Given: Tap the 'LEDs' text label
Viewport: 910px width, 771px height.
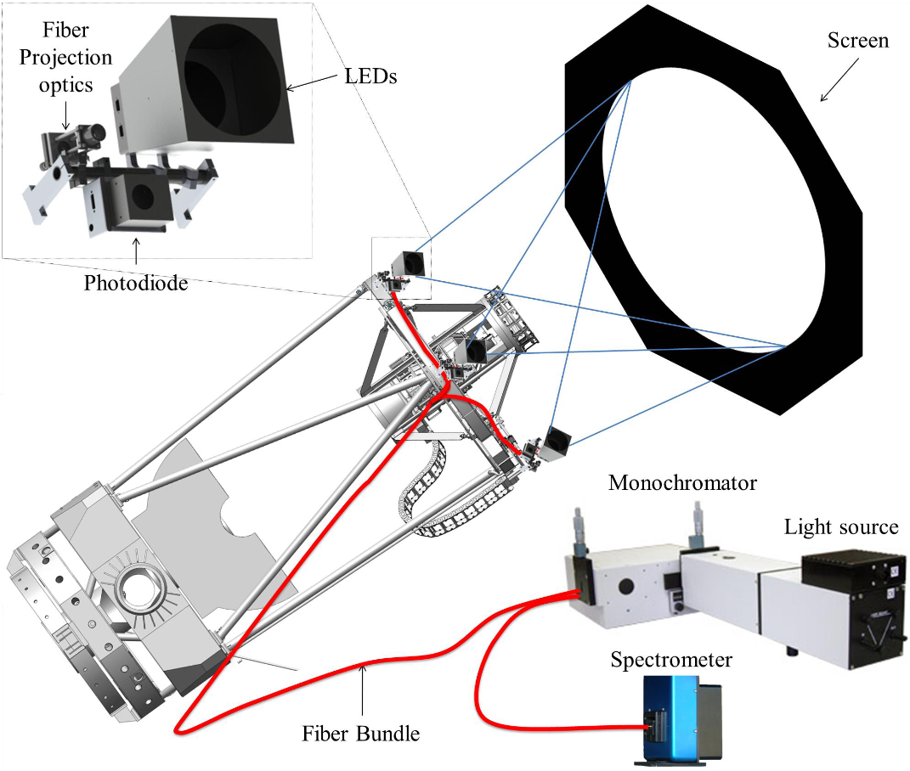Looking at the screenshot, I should (372, 76).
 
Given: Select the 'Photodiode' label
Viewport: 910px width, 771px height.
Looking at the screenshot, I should (136, 282).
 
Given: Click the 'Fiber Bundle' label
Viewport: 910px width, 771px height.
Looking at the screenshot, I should (361, 733).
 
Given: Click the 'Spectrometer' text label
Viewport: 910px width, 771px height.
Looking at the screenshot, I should (670, 660).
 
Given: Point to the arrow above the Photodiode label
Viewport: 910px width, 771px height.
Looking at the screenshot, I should (135, 251).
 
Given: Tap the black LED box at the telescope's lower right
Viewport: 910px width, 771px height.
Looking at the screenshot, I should (558, 438).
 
